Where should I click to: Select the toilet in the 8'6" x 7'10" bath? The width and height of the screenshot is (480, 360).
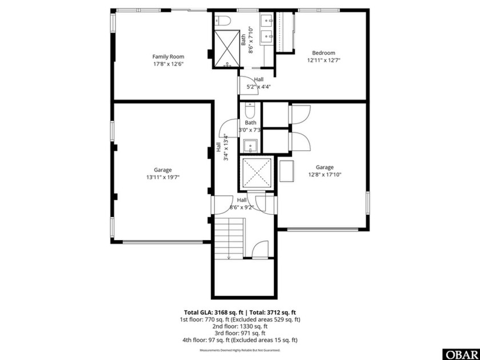222,21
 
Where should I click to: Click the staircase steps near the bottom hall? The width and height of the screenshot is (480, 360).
228,240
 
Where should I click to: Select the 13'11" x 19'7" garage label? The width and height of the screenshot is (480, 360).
163,174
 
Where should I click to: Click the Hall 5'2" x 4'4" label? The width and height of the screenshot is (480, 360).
258,83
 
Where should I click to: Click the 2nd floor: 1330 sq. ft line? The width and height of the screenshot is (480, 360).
240,326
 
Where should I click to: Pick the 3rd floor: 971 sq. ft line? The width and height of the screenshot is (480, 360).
240,333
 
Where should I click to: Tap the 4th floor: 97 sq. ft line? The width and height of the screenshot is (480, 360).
240,340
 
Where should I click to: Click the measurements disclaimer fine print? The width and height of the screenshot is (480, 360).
240,350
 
